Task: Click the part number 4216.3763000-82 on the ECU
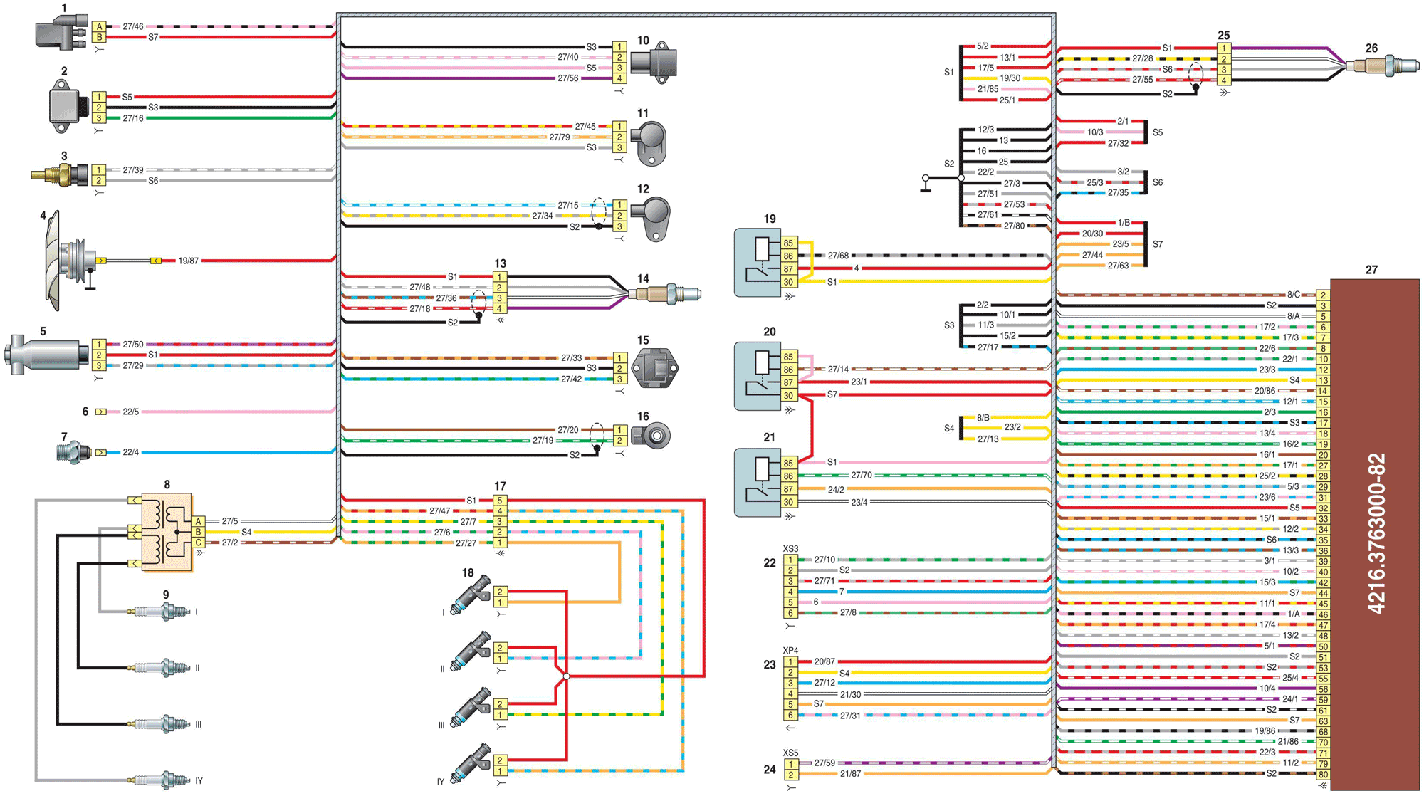click(x=1377, y=534)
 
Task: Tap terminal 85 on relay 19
click(x=788, y=243)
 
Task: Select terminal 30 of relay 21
click(x=788, y=502)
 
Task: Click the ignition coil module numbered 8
click(x=167, y=532)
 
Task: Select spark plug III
click(x=159, y=724)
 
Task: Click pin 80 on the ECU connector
click(x=1323, y=774)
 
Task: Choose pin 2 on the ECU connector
click(x=1323, y=295)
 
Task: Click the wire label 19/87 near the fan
click(x=188, y=261)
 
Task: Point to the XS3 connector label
click(x=790, y=549)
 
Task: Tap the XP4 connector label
click(x=790, y=651)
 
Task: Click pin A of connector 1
click(x=99, y=26)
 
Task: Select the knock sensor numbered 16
click(x=651, y=435)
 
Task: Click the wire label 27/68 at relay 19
click(x=838, y=256)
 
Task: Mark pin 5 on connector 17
click(x=500, y=501)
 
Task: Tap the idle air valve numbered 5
click(x=44, y=355)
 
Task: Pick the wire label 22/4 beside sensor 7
click(x=130, y=452)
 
